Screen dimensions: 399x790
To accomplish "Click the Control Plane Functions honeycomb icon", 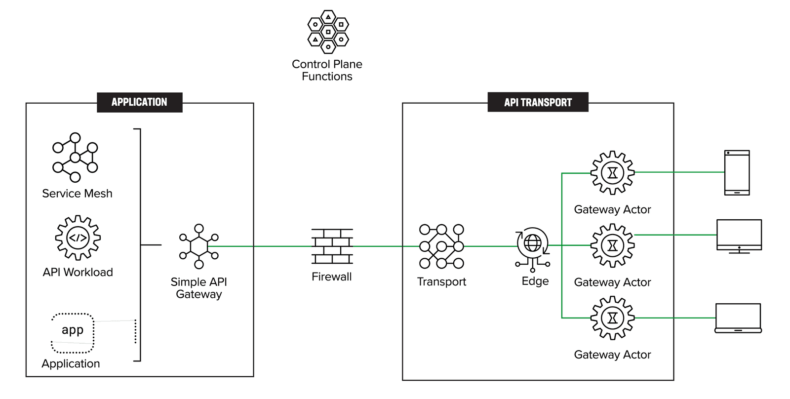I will pyautogui.click(x=328, y=32).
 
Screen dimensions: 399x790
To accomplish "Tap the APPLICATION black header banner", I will pyautogui.click(x=139, y=102).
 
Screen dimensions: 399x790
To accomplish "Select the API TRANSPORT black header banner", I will pyautogui.click(x=538, y=102).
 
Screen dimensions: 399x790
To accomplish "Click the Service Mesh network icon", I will pyautogui.click(x=75, y=158).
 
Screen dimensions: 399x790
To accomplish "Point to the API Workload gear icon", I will pyautogui.click(x=78, y=238).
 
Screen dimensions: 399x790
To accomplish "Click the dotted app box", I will pyautogui.click(x=73, y=333).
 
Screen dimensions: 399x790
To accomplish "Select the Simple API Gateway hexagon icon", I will pyautogui.click(x=199, y=246).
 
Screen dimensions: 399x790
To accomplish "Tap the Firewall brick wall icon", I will pyautogui.click(x=332, y=246).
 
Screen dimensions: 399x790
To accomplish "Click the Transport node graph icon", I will pyautogui.click(x=441, y=246).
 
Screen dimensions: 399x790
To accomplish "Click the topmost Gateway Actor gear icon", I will pyautogui.click(x=612, y=173).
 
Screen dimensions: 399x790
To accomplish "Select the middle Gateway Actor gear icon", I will pyautogui.click(x=612, y=245).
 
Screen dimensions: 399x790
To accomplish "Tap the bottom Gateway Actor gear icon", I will pyautogui.click(x=612, y=318).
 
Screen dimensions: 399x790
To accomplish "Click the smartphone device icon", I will pyautogui.click(x=737, y=173).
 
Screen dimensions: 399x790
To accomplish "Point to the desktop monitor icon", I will pyautogui.click(x=739, y=236).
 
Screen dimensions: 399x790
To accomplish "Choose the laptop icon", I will pyautogui.click(x=738, y=319).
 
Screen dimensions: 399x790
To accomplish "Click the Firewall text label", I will pyautogui.click(x=331, y=277).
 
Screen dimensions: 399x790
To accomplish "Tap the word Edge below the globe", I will pyautogui.click(x=535, y=281).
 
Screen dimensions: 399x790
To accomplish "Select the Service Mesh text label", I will pyautogui.click(x=77, y=194).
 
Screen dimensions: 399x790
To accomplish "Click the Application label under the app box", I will pyautogui.click(x=71, y=363).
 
